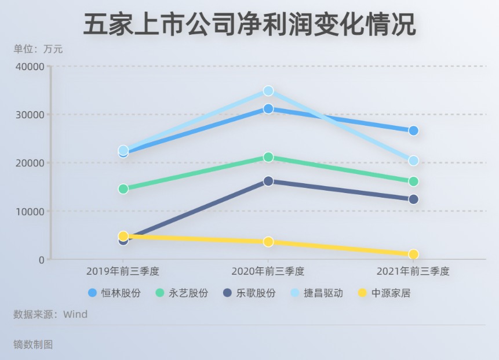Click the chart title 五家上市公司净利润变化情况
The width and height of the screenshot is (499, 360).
click(x=249, y=25)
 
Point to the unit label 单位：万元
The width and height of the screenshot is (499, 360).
click(x=38, y=50)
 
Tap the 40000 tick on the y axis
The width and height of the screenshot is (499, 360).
click(x=30, y=66)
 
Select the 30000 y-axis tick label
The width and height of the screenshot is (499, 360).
click(x=30, y=115)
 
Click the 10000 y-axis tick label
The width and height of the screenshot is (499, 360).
click(x=30, y=212)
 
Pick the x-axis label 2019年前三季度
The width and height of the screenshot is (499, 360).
click(x=123, y=271)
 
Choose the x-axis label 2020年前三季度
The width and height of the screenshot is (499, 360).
click(x=268, y=271)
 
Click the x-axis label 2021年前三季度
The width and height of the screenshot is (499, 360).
click(x=413, y=271)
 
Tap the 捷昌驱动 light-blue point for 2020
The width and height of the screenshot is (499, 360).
click(x=268, y=91)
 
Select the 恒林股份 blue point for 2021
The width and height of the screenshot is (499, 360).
click(x=413, y=130)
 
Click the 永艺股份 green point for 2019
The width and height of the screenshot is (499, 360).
click(x=123, y=189)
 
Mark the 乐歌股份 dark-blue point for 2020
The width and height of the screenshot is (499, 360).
click(x=268, y=181)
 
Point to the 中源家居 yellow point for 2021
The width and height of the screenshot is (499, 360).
click(x=413, y=254)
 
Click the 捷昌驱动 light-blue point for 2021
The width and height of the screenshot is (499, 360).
click(x=413, y=161)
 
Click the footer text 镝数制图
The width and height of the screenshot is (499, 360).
click(x=33, y=344)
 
